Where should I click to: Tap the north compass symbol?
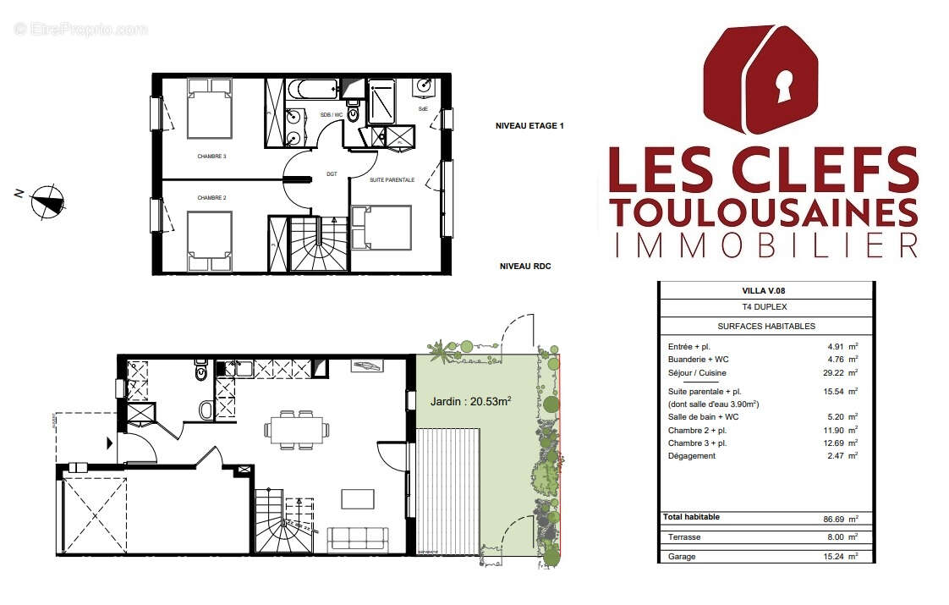[47, 201]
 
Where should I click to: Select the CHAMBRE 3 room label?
[211, 157]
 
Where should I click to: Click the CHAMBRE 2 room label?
[211, 198]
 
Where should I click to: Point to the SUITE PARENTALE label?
[392, 179]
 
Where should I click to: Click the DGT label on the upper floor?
[332, 174]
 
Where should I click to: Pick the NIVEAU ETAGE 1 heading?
[529, 126]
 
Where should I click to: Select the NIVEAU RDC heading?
[524, 266]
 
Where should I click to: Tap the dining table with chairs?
[295, 429]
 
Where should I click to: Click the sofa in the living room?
[358, 538]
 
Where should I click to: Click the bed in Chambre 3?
[209, 108]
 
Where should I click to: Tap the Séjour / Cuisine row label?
[697, 373]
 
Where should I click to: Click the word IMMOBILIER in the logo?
[765, 245]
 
